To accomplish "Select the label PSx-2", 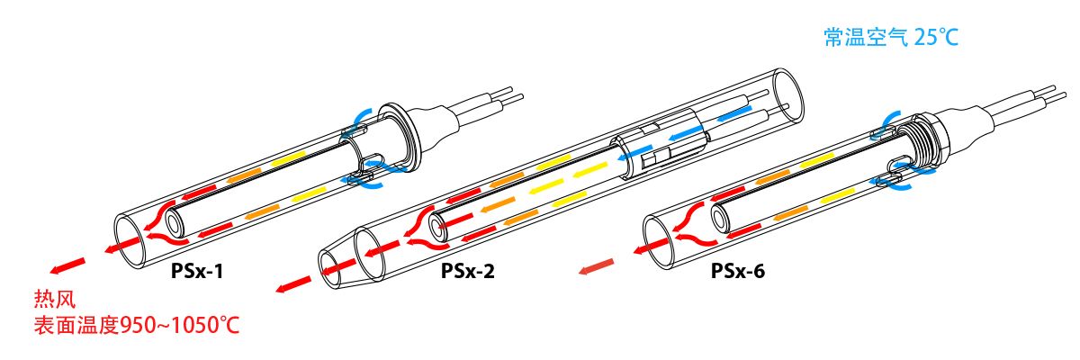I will (x=468, y=269).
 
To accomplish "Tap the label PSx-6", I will (x=738, y=269).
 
